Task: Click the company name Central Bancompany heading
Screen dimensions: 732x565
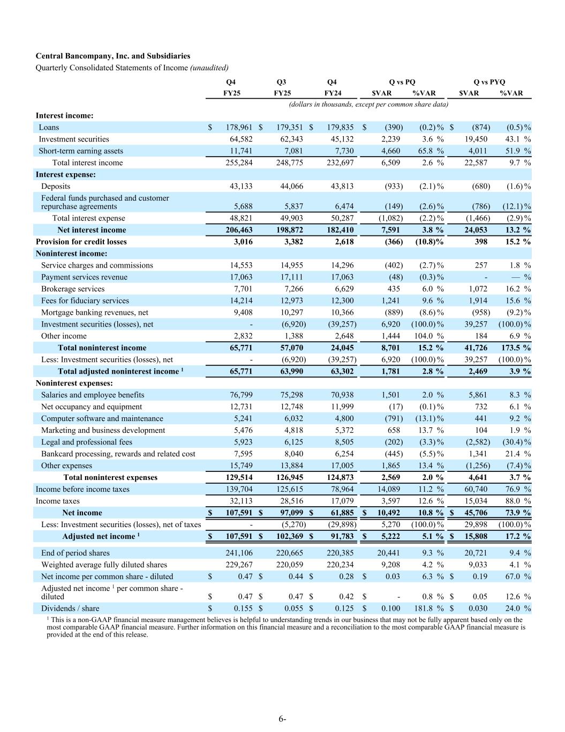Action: pos(112,56)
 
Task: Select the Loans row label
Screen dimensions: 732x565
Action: pos(49,127)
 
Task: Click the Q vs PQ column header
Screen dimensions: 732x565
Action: pos(402,82)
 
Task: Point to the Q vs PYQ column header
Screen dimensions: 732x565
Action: pos(489,82)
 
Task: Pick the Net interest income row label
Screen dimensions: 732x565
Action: pos(92,230)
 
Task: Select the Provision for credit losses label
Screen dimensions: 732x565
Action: pos(81,241)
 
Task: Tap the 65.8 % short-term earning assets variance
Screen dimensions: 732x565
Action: pos(431,151)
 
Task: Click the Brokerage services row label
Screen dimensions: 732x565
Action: pos(73,289)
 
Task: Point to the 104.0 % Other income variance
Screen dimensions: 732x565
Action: pos(431,336)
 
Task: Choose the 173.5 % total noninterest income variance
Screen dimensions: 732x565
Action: pos(516,347)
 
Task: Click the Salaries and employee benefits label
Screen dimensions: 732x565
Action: pos(93,395)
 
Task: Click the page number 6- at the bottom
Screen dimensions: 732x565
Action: pos(282,719)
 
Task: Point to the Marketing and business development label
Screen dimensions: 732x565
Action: pos(103,430)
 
